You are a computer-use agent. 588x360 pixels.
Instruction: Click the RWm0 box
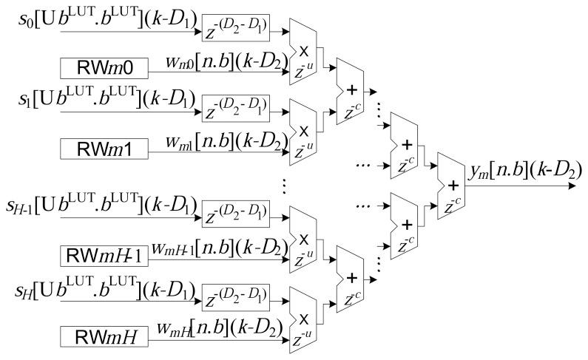(103, 70)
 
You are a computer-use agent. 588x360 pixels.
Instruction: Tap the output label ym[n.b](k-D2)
(524, 171)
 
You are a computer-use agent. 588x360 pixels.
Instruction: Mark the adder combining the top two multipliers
(351, 92)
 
